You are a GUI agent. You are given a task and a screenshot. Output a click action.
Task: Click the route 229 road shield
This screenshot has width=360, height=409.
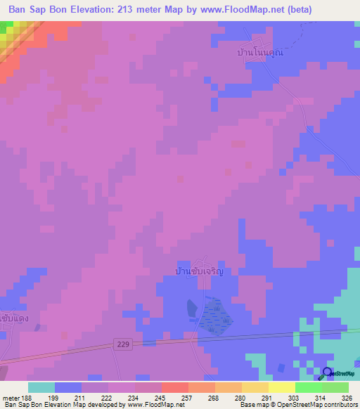coord(122,343)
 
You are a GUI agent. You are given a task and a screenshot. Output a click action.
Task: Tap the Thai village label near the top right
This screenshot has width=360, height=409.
coord(263,53)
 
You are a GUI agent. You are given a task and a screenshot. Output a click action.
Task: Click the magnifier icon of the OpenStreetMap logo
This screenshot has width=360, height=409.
coord(328,374)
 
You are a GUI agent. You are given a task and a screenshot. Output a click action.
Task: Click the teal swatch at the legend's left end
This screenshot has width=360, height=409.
coord(41,387)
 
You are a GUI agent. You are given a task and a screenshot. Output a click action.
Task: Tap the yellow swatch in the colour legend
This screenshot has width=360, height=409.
coord(281,387)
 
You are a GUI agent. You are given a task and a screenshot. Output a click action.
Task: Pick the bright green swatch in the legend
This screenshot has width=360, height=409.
coord(308,387)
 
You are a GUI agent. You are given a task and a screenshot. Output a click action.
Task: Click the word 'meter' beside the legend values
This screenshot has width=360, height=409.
coord(11,398)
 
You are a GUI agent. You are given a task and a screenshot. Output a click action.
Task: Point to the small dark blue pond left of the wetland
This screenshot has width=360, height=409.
coord(192,308)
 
